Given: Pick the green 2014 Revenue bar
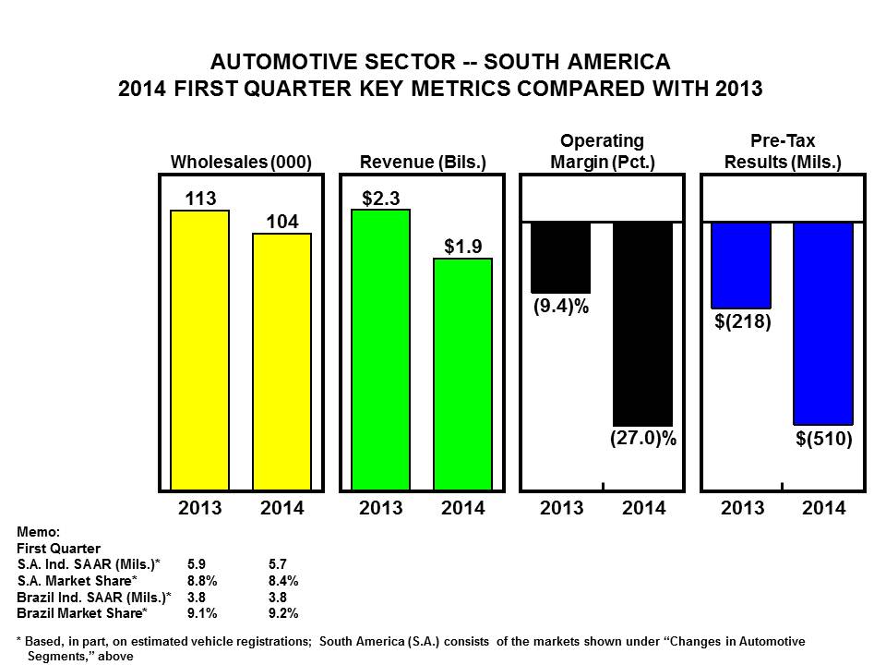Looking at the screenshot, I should tap(462, 373).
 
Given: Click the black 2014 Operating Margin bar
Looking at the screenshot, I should tap(643, 323).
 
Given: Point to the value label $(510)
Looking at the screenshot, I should tap(823, 440).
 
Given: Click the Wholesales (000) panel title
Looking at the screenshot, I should tap(241, 162).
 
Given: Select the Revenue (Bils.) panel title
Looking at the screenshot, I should tap(422, 162).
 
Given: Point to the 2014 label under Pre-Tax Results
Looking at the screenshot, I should tap(822, 507).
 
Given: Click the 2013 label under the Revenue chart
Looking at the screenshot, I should tap(380, 507).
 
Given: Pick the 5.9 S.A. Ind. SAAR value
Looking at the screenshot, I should tap(197, 563).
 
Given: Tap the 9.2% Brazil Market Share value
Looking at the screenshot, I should tap(282, 612).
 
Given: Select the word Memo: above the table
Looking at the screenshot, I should tap(39, 531).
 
